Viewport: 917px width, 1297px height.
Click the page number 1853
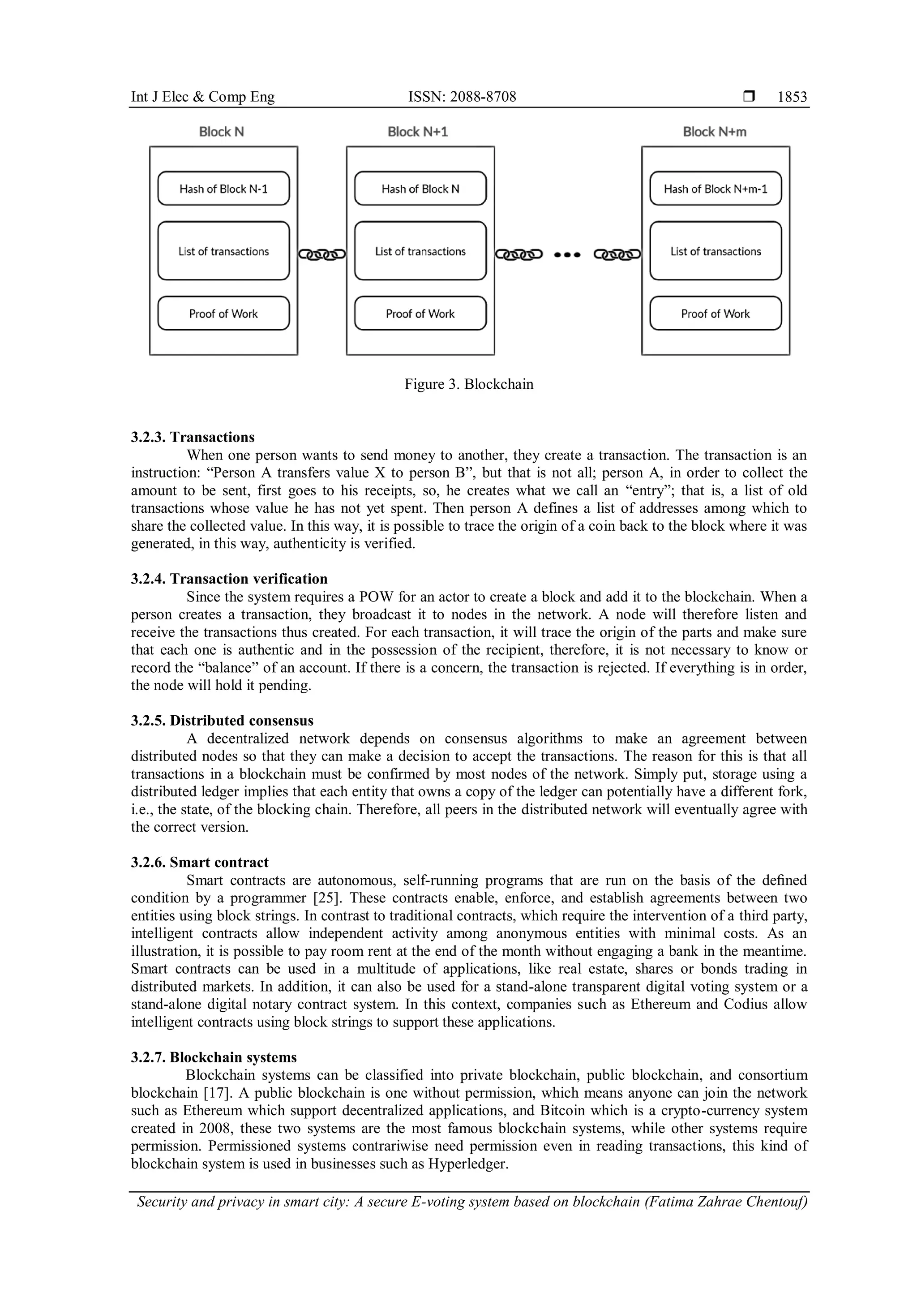[792, 97]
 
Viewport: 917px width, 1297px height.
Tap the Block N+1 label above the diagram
[417, 132]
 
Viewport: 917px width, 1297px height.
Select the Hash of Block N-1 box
[223, 189]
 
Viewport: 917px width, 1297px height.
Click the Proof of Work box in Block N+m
[715, 314]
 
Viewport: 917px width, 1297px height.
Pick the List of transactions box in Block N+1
[420, 251]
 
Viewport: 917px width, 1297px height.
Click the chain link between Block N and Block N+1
[322, 255]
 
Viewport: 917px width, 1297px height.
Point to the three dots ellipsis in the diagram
[567, 255]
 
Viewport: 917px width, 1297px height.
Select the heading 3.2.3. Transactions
[193, 437]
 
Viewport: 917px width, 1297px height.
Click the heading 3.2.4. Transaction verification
[229, 579]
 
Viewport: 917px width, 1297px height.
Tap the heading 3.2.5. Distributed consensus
[222, 721]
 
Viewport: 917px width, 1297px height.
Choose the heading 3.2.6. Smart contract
[199, 863]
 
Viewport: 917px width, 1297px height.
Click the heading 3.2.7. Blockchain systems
[214, 1057]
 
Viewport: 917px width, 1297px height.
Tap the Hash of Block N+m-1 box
[715, 189]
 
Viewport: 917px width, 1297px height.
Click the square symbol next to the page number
[749, 97]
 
